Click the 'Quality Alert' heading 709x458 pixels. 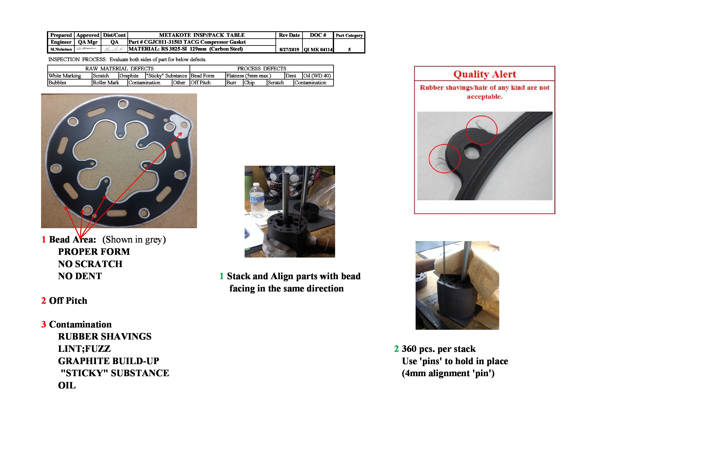pos(484,74)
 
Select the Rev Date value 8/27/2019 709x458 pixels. pos(289,49)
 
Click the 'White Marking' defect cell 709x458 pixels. pos(65,76)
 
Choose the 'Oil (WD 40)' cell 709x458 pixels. pos(317,76)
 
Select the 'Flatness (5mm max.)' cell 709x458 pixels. pos(248,76)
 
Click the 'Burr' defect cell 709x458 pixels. pos(231,83)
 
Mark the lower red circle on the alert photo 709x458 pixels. pos(444,158)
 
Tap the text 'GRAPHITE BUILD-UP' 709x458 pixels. pos(108,361)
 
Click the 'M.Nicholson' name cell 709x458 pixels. pos(61,49)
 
